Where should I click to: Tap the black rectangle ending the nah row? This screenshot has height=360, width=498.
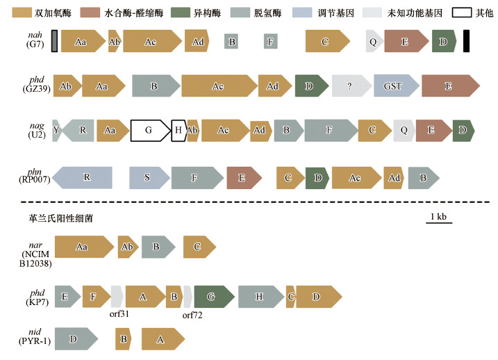coord(467,42)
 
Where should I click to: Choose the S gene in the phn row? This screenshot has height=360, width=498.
coord(148,177)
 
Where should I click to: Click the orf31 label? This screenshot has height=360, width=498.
coord(120,313)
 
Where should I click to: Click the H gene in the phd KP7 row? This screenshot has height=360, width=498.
coord(259,297)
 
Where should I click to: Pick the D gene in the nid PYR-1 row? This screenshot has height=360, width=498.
coord(74,339)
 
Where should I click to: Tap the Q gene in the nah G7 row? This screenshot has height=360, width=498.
coord(374,42)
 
